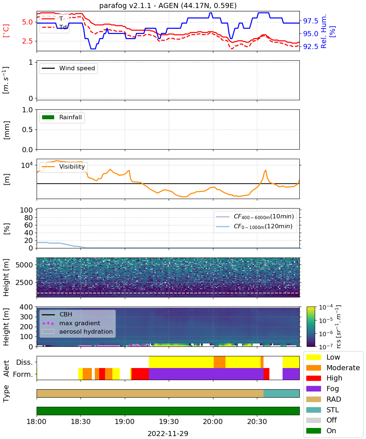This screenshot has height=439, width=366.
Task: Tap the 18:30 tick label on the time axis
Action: point(81,421)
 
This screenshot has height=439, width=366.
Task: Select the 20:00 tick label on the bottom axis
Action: point(213,421)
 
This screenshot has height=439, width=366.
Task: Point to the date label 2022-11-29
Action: point(168,433)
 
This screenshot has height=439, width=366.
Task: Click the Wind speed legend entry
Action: point(68,68)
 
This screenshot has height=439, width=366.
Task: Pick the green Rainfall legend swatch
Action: point(48,117)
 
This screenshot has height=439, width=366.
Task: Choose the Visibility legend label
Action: point(72,166)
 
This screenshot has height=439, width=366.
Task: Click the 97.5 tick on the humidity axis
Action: point(310,21)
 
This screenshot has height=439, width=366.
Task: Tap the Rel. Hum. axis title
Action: point(324,31)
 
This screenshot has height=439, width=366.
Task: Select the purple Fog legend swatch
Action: point(313,389)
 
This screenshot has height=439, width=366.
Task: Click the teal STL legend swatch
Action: point(313,410)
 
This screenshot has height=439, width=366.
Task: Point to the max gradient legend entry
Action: point(71,323)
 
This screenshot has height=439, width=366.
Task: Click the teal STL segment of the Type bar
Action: point(281,393)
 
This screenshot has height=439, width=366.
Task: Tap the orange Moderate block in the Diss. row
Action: point(219,362)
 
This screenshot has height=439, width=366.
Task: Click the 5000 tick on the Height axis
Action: point(24,265)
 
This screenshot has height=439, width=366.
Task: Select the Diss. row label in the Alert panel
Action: point(25,362)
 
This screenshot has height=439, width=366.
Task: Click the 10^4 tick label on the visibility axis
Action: point(27,165)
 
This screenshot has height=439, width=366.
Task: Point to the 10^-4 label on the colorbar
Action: point(326,307)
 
